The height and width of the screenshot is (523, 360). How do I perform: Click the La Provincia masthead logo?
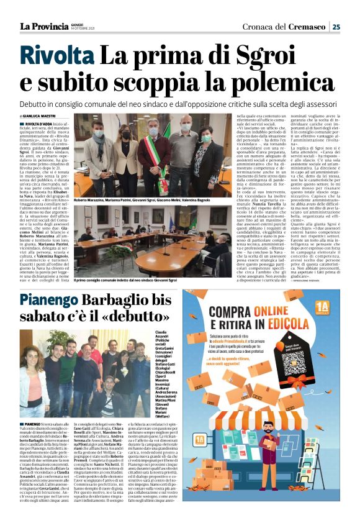coord(43,26)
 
